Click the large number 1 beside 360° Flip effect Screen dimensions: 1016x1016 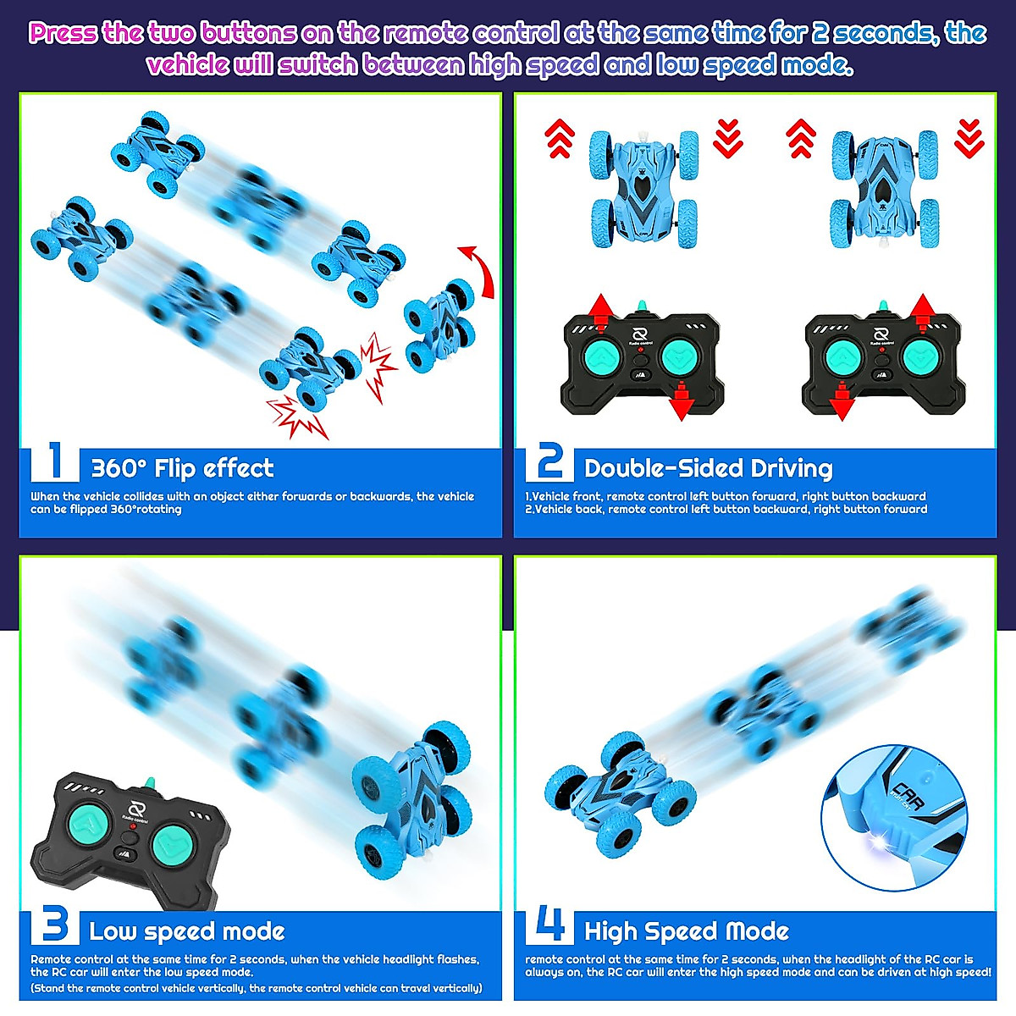tap(56, 462)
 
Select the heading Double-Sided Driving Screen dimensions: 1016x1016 tap(708, 468)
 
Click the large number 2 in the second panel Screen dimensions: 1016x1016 tap(549, 462)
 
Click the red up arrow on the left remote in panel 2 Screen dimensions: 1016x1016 tap(599, 311)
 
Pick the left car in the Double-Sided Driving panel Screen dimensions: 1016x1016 tap(643, 188)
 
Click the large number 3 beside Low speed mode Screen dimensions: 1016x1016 tap(55, 925)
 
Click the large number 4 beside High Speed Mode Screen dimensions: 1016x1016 tap(550, 925)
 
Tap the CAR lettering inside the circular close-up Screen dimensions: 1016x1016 tap(906, 794)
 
